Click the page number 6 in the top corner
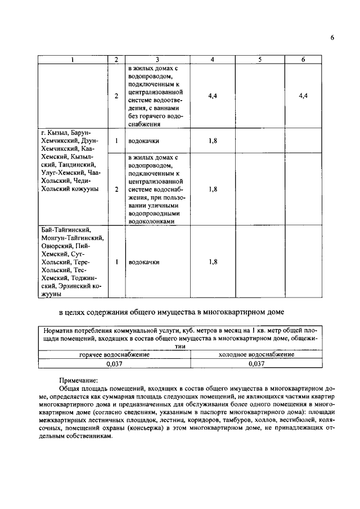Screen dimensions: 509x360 coord(332,38)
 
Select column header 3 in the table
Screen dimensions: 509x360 coord(157,59)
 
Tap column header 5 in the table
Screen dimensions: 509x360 coord(259,59)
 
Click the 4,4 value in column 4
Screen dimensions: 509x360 coord(212,96)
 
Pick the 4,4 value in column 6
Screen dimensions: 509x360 coord(303,96)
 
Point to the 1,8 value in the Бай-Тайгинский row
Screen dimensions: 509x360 coord(212,262)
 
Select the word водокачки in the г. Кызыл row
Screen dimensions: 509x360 coord(143,141)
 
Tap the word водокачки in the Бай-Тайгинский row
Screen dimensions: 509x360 coord(143,262)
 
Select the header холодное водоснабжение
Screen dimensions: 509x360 coord(256,355)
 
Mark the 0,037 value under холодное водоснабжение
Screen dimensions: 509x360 coord(256,364)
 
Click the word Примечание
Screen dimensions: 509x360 coord(79,380)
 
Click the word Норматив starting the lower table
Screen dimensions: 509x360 coord(61,331)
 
